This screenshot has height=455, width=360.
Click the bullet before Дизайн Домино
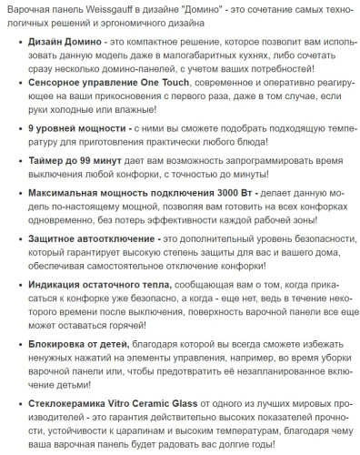click(20, 44)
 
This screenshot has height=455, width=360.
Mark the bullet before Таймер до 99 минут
click(20, 161)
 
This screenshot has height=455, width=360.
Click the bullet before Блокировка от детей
click(20, 347)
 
